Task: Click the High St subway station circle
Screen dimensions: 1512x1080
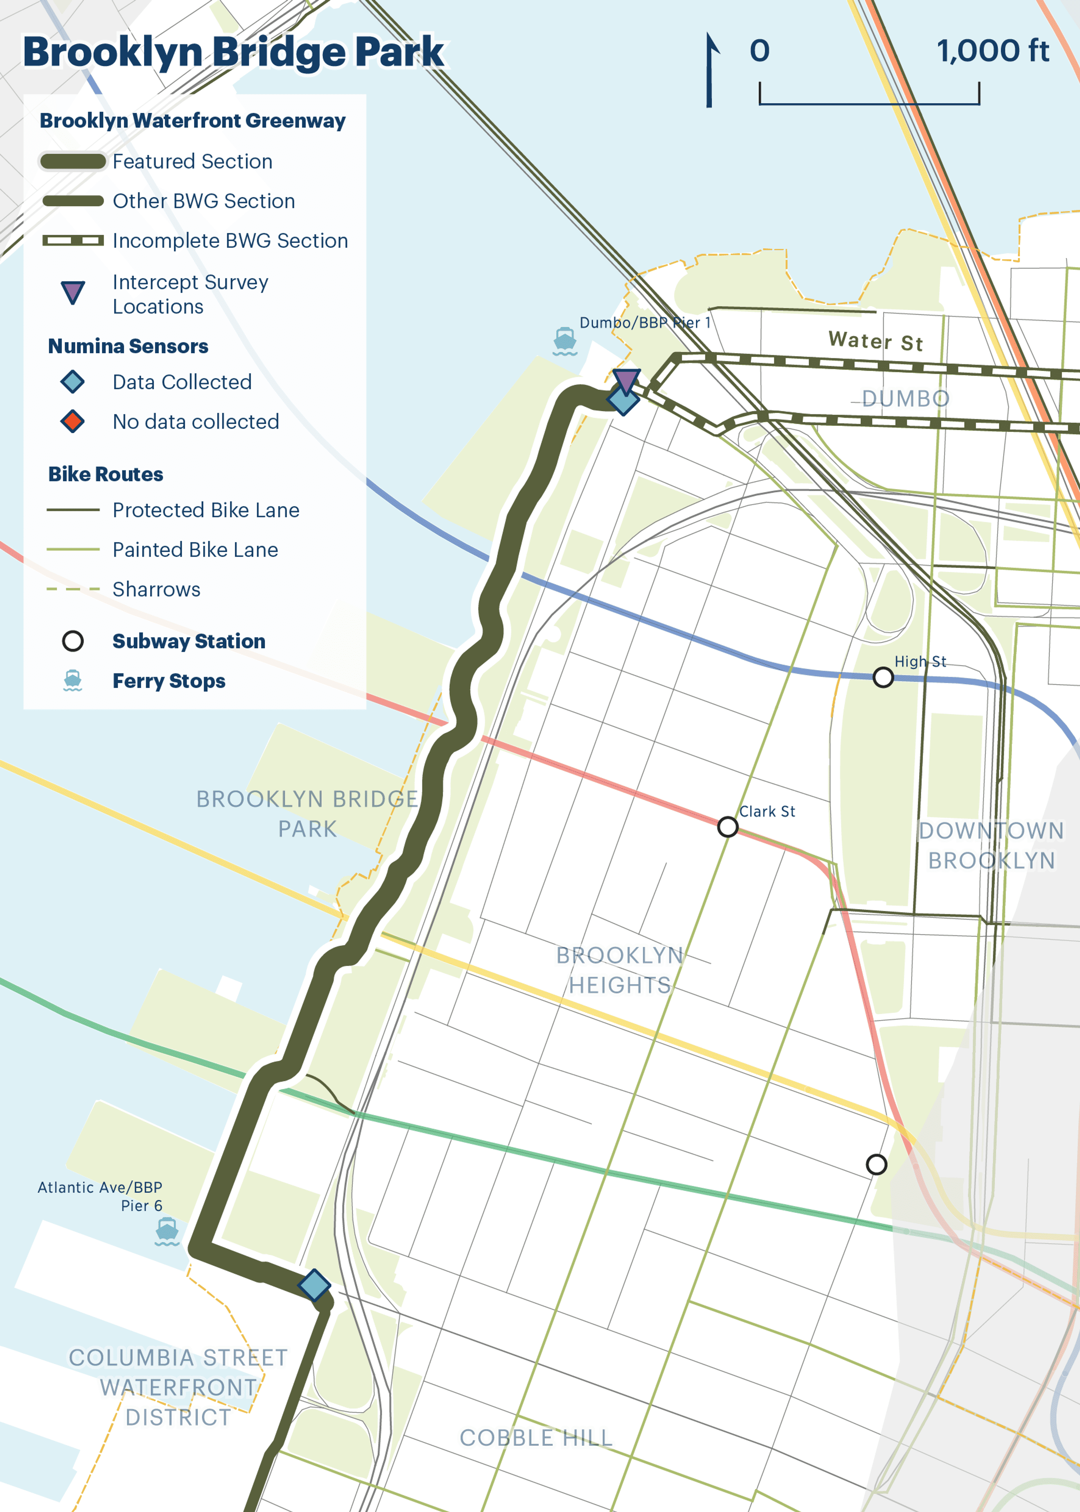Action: pos(883,677)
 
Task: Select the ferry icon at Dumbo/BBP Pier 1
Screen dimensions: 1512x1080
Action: pos(565,340)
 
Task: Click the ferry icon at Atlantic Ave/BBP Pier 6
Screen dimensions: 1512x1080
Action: pos(167,1231)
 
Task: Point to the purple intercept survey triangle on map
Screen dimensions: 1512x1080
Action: pos(626,381)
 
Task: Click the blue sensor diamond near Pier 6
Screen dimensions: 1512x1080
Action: pos(314,1284)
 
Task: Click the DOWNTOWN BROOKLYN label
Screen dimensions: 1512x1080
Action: pos(991,845)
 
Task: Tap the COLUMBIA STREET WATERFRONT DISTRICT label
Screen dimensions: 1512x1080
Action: pos(178,1387)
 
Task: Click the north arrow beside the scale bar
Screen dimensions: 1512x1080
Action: pos(710,70)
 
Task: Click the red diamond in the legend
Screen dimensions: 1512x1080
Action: pos(72,421)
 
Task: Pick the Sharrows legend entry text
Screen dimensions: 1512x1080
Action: pos(156,589)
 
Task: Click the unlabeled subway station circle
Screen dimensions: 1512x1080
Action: pos(876,1164)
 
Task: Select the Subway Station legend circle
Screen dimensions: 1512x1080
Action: pos(72,641)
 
